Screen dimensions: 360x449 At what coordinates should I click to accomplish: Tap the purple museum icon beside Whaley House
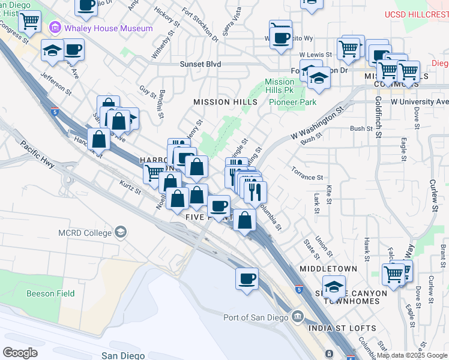(x=56, y=27)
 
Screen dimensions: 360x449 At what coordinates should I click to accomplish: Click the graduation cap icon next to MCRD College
(x=121, y=232)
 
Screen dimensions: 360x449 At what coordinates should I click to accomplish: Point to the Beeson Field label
(x=50, y=293)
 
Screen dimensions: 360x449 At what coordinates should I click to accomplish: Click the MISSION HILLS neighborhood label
(x=224, y=103)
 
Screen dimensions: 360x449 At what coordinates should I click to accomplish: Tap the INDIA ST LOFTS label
(x=342, y=328)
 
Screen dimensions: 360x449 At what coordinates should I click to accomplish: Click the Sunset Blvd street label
(x=200, y=64)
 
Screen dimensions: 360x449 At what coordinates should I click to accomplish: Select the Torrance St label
(x=307, y=178)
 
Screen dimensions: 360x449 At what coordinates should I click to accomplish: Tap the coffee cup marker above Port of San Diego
(x=247, y=279)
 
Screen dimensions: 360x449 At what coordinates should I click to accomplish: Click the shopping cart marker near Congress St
(x=29, y=22)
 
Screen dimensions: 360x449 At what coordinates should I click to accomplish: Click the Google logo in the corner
(x=20, y=353)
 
